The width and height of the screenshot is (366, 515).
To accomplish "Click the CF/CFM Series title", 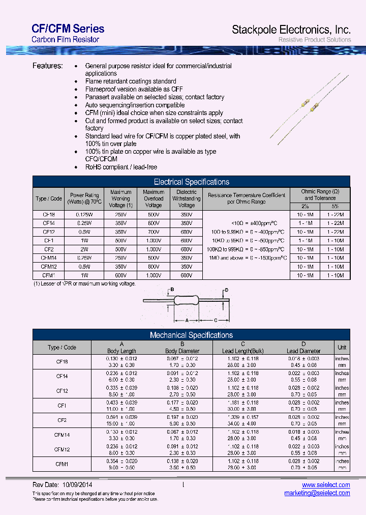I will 68,28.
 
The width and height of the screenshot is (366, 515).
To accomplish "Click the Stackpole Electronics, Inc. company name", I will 291,30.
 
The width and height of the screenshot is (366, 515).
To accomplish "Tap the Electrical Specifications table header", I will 191,182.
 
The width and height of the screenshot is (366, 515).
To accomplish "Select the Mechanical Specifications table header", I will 191,335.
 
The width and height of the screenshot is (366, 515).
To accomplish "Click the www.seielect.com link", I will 326,485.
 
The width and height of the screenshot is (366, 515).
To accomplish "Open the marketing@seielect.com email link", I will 317,493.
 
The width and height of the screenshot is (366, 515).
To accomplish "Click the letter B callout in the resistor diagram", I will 172,290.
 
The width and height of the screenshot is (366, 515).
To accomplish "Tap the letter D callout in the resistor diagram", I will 227,290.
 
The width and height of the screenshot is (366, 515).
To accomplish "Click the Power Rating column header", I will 84,198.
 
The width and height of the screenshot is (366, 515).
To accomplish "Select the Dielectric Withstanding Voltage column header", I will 187,198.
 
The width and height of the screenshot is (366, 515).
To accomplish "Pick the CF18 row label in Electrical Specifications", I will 49,215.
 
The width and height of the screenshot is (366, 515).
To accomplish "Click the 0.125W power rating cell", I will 84,215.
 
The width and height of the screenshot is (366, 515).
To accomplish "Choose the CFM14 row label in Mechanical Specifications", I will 62,435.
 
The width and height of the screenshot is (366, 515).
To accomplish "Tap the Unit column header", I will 342,348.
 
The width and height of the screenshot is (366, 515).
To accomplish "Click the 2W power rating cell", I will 84,249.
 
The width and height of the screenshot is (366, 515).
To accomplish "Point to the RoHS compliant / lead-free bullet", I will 121,167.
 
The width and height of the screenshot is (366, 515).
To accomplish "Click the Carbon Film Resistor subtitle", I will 65,40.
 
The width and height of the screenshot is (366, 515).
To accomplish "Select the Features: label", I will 48,66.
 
